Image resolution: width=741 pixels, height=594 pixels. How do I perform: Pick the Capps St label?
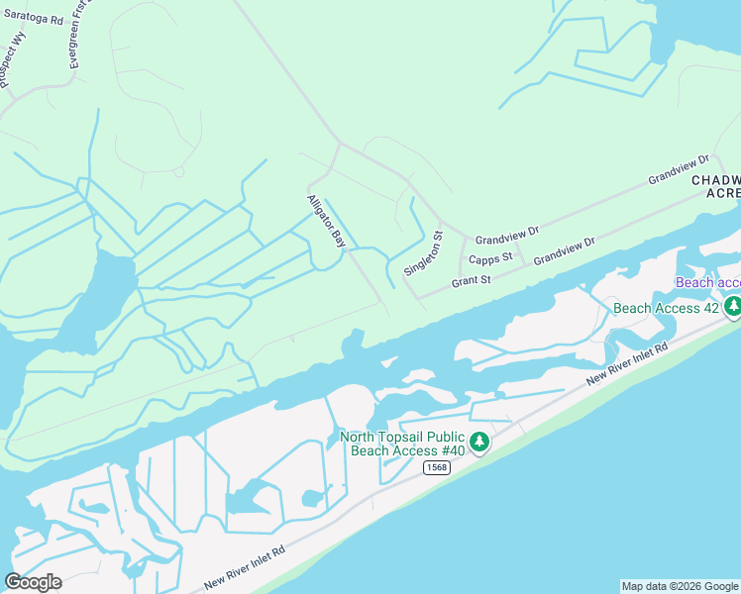490,259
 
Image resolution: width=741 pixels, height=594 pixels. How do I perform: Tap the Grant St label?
472,281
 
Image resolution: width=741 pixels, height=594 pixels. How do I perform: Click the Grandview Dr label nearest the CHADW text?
680,169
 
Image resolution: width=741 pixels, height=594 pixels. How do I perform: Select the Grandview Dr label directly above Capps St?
506,236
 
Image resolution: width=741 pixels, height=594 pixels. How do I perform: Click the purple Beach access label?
707,282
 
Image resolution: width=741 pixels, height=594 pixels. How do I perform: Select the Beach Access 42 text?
666,308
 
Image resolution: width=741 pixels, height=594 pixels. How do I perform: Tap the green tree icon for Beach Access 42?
733,307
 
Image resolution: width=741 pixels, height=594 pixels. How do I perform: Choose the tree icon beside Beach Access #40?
479,442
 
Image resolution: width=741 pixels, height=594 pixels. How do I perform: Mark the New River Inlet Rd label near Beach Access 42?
626,363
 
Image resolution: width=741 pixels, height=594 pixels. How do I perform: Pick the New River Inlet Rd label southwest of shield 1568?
244,567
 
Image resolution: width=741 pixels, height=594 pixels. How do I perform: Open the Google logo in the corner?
33,582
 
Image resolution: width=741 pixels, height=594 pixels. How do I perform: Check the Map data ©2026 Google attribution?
680,586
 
